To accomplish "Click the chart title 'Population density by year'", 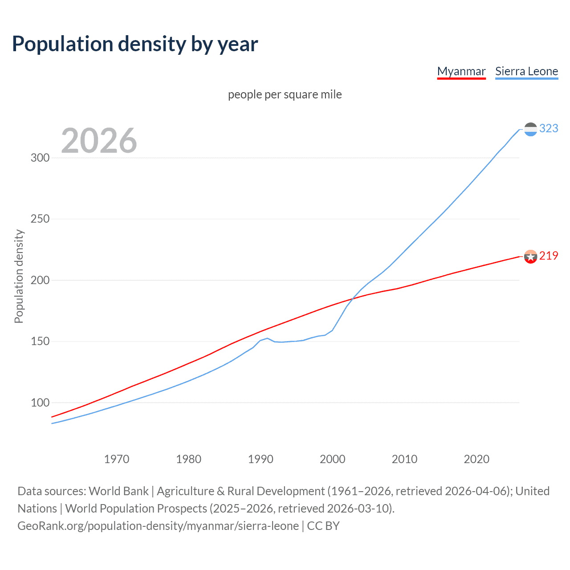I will (x=135, y=44).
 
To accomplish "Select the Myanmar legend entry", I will (x=461, y=71).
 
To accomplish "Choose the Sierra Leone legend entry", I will (x=526, y=71).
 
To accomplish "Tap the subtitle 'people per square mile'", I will (x=285, y=94).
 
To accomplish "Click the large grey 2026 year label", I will (x=99, y=141).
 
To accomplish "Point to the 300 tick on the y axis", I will (x=40, y=158).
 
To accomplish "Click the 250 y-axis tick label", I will (x=40, y=219).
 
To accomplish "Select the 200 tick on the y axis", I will (x=40, y=280).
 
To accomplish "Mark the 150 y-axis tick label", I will (x=40, y=342).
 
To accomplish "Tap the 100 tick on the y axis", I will (x=40, y=403).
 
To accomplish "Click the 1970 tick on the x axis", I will (x=117, y=459).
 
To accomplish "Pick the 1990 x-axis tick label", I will (x=261, y=459).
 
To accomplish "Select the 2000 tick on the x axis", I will (x=333, y=459).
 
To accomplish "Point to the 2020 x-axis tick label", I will (x=476, y=459).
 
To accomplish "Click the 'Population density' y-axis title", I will (x=19, y=276).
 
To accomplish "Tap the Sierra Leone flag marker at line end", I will (x=530, y=129).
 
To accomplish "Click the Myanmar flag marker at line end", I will (x=530, y=256).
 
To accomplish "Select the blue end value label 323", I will (x=549, y=128).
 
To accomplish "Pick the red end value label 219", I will (x=549, y=256).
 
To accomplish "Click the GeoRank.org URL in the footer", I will (x=158, y=526).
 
